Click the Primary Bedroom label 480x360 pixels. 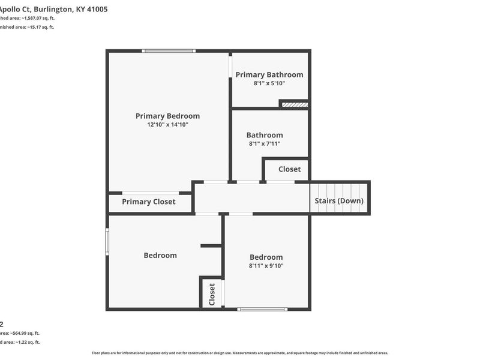[x=167, y=116]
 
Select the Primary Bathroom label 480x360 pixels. [x=269, y=74]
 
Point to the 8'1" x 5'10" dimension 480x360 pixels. [x=269, y=83]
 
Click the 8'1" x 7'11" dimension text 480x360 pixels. [x=264, y=143]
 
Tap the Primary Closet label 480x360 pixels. [x=149, y=202]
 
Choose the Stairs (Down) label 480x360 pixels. [x=339, y=200]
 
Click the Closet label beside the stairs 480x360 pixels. [x=289, y=169]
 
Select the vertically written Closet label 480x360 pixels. [x=212, y=294]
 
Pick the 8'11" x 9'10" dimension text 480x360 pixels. [x=266, y=265]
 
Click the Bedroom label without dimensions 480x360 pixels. [x=160, y=255]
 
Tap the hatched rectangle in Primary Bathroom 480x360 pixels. [x=295, y=104]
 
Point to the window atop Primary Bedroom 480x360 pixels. [x=168, y=51]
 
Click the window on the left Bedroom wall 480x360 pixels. [x=107, y=241]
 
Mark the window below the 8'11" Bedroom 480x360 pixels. [x=262, y=309]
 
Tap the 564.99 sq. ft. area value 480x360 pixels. [x=28, y=333]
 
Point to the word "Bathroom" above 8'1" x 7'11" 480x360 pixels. [x=264, y=135]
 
